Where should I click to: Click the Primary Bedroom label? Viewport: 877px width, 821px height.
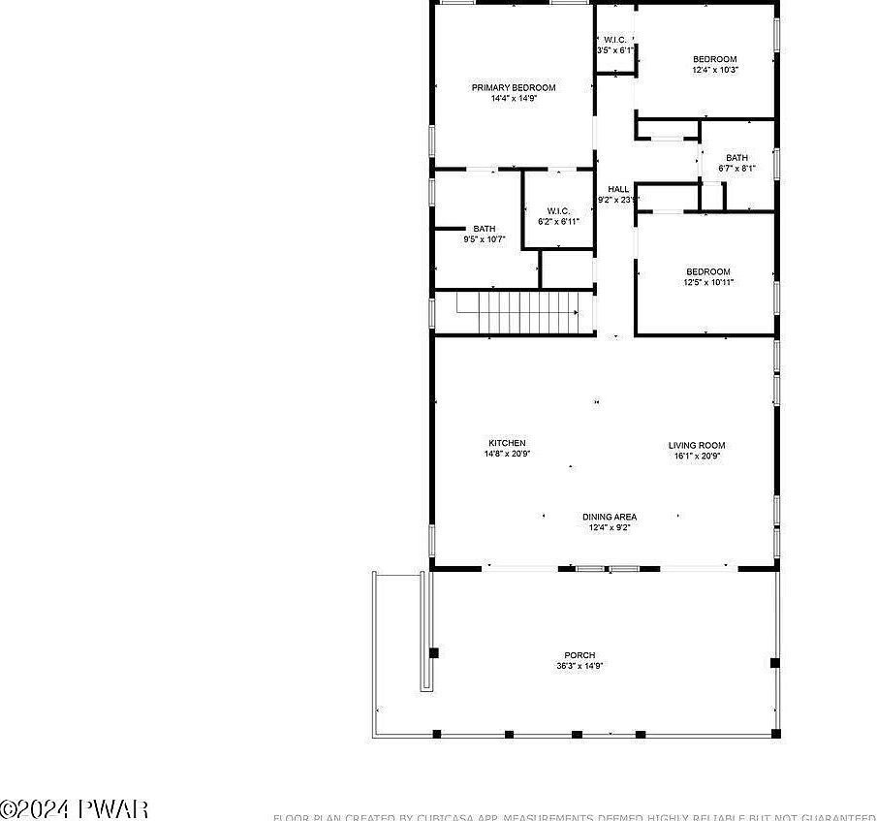click(514, 87)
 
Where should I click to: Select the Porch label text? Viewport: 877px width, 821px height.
click(579, 655)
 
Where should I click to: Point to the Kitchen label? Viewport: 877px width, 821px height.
click(507, 443)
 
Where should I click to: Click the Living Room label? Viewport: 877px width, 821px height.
click(696, 445)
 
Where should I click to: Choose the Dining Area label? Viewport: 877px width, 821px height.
click(610, 517)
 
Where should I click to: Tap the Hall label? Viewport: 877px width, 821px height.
click(618, 189)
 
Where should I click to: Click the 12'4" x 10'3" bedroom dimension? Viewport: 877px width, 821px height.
click(715, 70)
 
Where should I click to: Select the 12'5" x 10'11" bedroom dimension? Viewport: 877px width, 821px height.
click(708, 282)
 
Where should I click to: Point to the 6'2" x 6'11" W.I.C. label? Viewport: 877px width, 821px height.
click(558, 221)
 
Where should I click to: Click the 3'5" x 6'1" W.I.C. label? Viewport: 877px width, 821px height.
click(614, 49)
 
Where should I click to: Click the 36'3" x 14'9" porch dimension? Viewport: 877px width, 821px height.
click(579, 666)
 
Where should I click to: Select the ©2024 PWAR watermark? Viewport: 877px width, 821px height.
click(74, 807)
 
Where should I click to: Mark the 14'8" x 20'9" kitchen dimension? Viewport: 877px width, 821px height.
click(507, 454)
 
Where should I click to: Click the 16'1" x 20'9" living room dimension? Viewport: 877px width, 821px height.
click(696, 456)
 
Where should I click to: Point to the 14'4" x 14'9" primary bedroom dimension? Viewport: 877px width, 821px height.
click(514, 98)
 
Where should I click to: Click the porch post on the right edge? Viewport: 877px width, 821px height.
click(774, 663)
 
